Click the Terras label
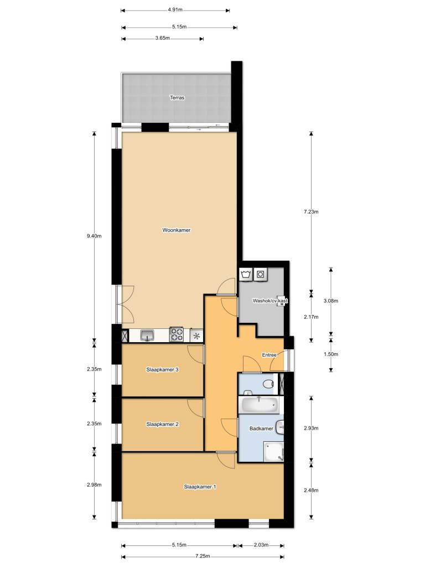pyautogui.click(x=177, y=97)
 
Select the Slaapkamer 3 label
pyautogui.click(x=162, y=369)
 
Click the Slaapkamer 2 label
pyautogui.click(x=162, y=424)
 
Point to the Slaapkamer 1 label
pyautogui.click(x=200, y=487)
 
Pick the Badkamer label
pyautogui.click(x=260, y=429)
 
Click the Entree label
pyautogui.click(x=269, y=355)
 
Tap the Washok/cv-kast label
pyautogui.click(x=271, y=301)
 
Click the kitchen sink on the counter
pyautogui.click(x=148, y=335)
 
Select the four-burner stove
pyautogui.click(x=177, y=334)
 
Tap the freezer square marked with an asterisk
pyautogui.click(x=197, y=335)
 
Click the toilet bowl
pyautogui.click(x=268, y=383)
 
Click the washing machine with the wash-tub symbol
pyautogui.click(x=246, y=274)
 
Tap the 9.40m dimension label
pyautogui.click(x=94, y=236)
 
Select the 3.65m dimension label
pyautogui.click(x=162, y=38)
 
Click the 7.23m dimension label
pyautogui.click(x=311, y=211)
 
